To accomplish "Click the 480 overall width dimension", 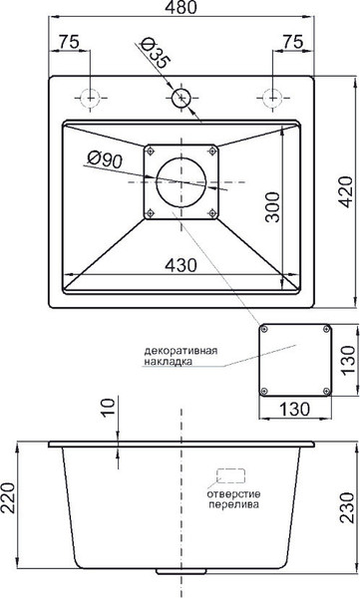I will (181, 9).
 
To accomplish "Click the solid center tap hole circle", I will (181, 98).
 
